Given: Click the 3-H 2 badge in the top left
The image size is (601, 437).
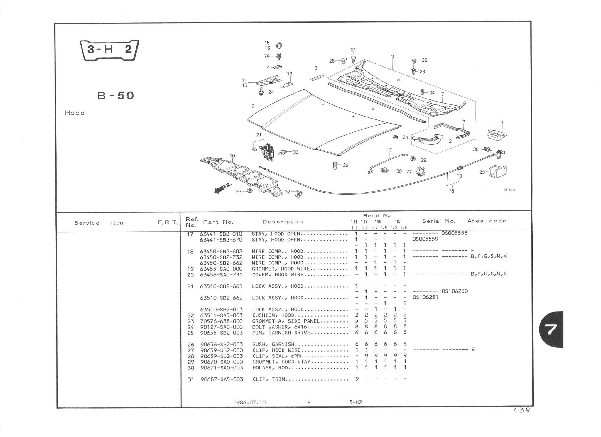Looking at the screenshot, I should [x=109, y=50].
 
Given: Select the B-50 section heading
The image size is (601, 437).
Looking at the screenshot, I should [x=116, y=95].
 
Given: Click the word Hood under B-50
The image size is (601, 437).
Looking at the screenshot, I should [x=75, y=113].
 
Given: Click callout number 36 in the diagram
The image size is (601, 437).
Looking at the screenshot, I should [x=295, y=152].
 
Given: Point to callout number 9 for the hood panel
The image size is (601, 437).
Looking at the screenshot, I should [x=253, y=106].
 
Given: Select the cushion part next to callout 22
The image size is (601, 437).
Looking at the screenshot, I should [x=335, y=166].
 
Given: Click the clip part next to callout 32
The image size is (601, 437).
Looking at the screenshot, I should [x=299, y=193].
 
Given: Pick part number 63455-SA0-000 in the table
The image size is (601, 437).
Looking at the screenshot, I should [x=221, y=269].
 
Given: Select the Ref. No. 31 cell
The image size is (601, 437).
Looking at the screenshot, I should [x=191, y=379].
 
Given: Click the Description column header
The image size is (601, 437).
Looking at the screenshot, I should [x=282, y=222].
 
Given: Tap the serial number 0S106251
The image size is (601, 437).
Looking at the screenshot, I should [x=425, y=297].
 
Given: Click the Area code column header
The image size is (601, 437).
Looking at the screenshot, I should [x=487, y=221].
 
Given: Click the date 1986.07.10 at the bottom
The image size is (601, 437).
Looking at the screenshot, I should [x=249, y=402].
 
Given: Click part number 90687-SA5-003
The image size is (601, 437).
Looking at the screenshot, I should [x=222, y=379].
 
